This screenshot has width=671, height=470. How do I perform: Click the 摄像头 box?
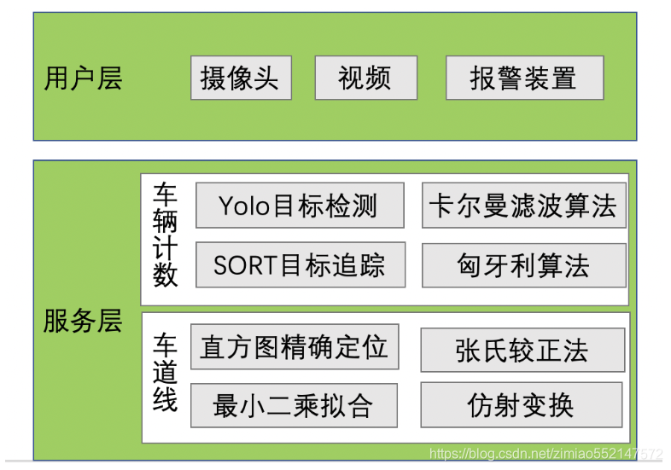tap(241, 78)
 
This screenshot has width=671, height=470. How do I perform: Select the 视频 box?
tap(365, 78)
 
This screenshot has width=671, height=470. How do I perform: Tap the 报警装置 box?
tap(524, 78)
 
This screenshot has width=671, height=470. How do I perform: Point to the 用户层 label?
tap(84, 78)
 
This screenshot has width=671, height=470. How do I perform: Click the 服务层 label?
tap(84, 322)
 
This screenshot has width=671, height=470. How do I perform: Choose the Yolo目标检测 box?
tap(300, 206)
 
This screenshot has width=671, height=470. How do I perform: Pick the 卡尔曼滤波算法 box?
tap(523, 206)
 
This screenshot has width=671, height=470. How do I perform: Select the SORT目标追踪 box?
tap(300, 265)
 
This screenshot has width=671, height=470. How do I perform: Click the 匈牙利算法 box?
tap(523, 265)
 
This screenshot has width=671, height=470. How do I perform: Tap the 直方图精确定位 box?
tap(295, 346)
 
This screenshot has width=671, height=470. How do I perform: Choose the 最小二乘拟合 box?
tap(293, 405)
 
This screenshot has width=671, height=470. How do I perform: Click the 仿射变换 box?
tap(521, 404)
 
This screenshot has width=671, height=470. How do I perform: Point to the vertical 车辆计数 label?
tap(166, 235)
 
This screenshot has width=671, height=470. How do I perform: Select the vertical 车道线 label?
tap(166, 374)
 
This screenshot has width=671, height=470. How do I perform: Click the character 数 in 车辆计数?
tap(166, 276)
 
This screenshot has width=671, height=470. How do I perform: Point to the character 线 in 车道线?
tap(166, 400)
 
